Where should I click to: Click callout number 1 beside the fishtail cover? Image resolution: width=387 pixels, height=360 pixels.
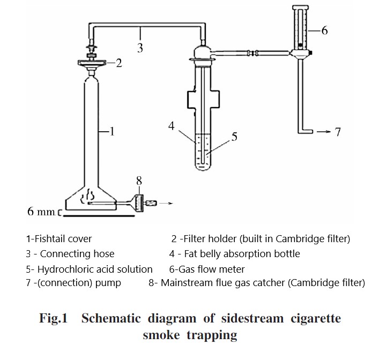(x=112, y=131)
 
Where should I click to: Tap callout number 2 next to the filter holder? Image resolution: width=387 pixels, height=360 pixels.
(x=119, y=63)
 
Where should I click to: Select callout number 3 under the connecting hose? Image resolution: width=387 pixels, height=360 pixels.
(x=140, y=48)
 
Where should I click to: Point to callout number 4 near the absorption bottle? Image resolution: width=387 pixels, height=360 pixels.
(x=172, y=126)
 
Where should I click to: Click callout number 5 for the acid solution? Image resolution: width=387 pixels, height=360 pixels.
(x=234, y=137)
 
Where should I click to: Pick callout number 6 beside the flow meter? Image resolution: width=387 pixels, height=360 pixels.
(x=324, y=31)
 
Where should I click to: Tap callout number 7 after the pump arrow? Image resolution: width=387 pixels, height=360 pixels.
(x=338, y=132)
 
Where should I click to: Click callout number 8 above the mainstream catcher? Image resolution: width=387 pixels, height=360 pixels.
(x=139, y=181)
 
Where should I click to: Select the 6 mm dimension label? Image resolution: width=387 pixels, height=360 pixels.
(x=41, y=212)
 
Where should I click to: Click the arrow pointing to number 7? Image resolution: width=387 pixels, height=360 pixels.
(x=324, y=132)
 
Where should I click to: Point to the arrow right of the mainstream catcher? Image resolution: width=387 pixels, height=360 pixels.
(x=166, y=204)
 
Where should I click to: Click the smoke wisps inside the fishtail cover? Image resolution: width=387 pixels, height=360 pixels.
(x=87, y=196)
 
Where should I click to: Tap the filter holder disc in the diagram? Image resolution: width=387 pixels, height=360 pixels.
(x=92, y=63)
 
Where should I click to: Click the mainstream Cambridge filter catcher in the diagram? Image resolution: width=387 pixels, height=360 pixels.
(x=139, y=204)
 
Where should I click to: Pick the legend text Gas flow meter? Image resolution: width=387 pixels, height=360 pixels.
(x=211, y=269)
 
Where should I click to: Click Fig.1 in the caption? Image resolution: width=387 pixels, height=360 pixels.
(x=53, y=318)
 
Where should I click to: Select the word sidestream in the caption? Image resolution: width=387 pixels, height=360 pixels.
(x=252, y=318)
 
